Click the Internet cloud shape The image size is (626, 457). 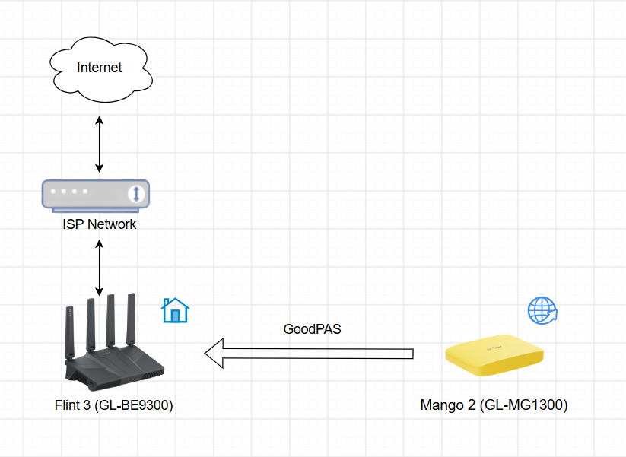[x=100, y=70]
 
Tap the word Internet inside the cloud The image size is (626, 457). [x=100, y=68]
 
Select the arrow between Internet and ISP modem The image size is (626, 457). [x=100, y=144]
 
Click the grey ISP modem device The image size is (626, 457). [x=96, y=195]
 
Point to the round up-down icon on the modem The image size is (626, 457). [x=136, y=194]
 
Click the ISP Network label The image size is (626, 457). [x=100, y=224]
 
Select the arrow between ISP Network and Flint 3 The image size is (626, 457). [x=100, y=268]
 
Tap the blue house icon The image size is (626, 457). [x=175, y=310]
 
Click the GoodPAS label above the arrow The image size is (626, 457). [x=312, y=329]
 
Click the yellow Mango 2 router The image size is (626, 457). [x=494, y=355]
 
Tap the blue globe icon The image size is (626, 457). [x=542, y=310]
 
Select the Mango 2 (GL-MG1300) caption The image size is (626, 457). [x=494, y=405]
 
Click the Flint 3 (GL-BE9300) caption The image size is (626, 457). [x=114, y=405]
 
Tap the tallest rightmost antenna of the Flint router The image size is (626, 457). [x=131, y=319]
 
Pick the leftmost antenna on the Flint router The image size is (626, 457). [x=70, y=333]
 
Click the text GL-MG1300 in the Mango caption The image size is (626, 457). [x=522, y=405]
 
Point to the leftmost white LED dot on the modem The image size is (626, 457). [x=53, y=191]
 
